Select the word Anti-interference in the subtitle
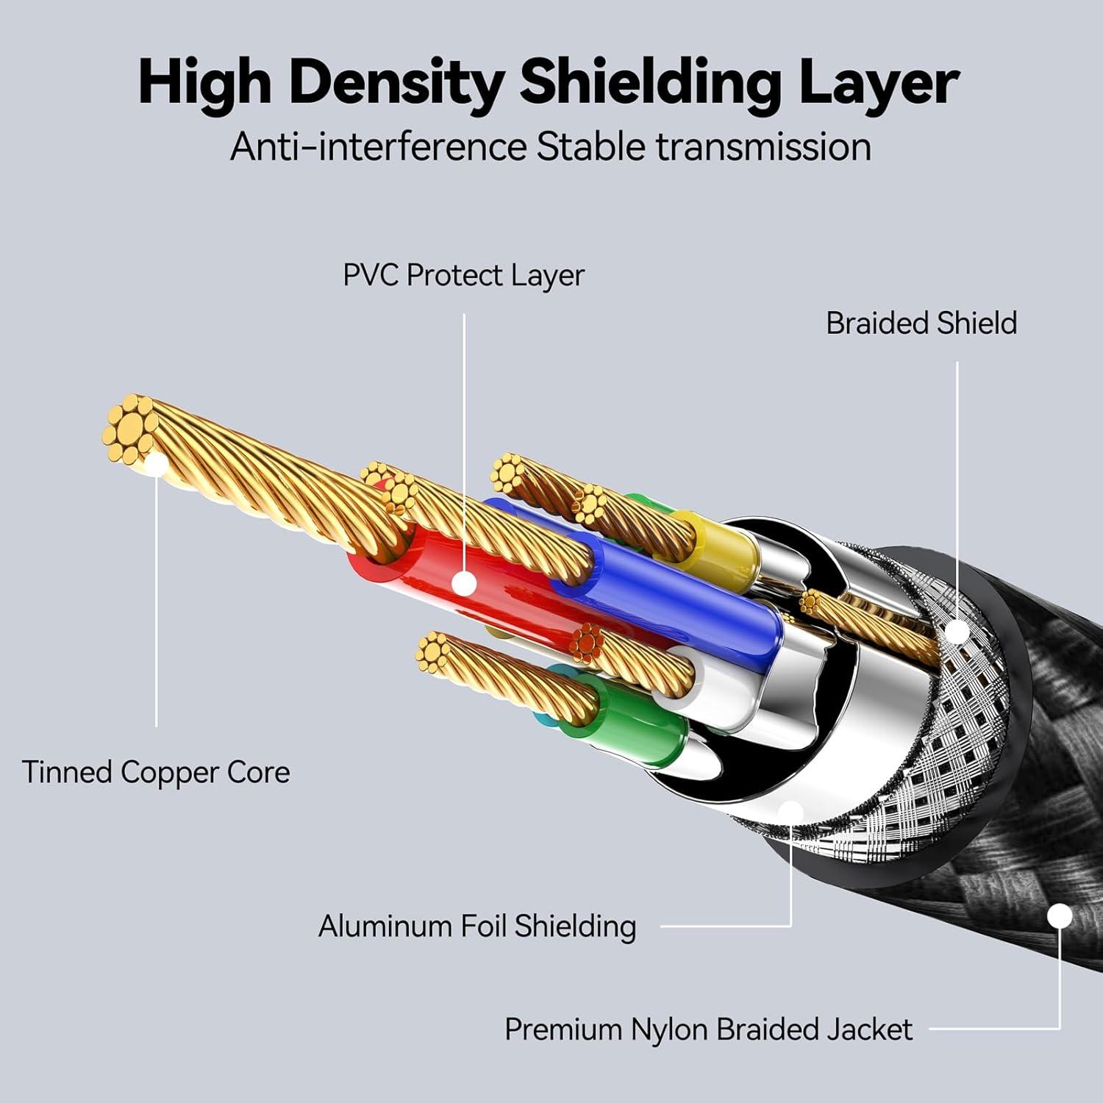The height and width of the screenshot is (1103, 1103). pyautogui.click(x=378, y=146)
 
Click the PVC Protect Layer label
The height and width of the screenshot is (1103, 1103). pyautogui.click(x=463, y=276)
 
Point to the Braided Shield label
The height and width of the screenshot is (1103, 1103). pyautogui.click(x=921, y=324)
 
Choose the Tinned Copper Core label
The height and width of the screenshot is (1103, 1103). pyautogui.click(x=156, y=772)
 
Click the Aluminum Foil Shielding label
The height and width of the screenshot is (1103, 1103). pyautogui.click(x=477, y=926)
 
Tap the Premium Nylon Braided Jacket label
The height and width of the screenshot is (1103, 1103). pyautogui.click(x=708, y=1029)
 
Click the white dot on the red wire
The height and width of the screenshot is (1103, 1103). pyautogui.click(x=464, y=584)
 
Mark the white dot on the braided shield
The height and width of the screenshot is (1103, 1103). pyautogui.click(x=957, y=632)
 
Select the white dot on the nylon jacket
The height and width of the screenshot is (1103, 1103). pyautogui.click(x=1059, y=916)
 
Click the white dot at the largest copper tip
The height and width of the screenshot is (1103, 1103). pyautogui.click(x=157, y=465)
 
